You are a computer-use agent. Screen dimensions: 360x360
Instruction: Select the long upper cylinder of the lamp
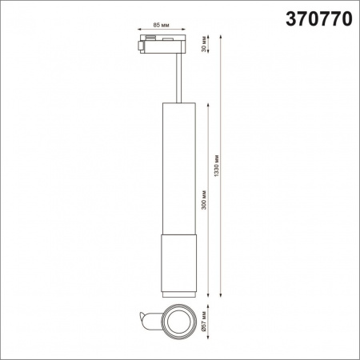tap(176, 168)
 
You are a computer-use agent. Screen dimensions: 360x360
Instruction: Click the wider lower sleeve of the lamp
tap(176, 264)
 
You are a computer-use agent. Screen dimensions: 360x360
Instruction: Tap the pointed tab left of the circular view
tap(147, 322)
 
